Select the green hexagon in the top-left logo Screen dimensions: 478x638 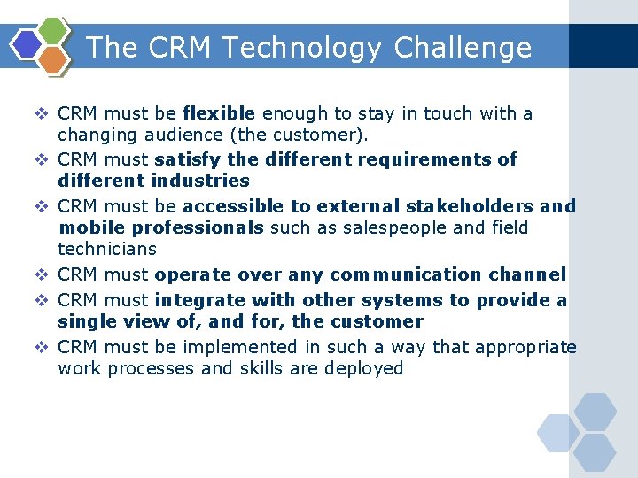[x=54, y=31]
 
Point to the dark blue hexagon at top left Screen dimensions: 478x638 [x=27, y=44]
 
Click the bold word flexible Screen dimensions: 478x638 [x=219, y=113]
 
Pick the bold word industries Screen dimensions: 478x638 [x=200, y=181]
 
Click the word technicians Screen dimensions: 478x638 [x=106, y=249]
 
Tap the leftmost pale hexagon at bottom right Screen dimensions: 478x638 [x=557, y=433]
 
